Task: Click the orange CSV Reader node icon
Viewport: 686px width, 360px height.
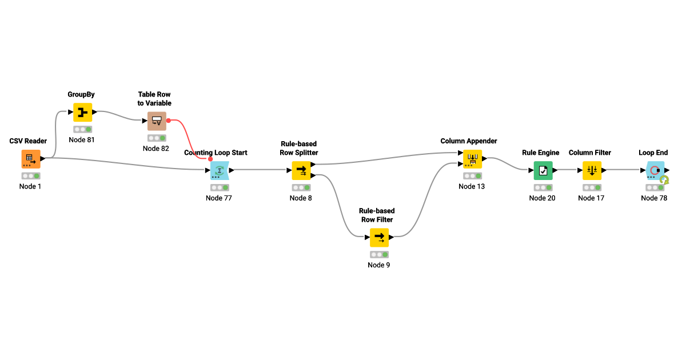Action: point(31,159)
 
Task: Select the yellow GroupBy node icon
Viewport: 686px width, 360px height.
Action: point(83,112)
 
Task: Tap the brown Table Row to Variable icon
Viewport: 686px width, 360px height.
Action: point(157,121)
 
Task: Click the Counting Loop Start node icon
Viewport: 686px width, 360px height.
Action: point(220,170)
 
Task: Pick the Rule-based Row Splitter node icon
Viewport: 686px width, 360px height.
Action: point(301,170)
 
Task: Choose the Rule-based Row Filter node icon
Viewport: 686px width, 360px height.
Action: point(379,237)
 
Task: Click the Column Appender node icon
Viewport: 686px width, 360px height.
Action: point(472,159)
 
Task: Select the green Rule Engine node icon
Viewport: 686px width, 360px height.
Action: point(543,170)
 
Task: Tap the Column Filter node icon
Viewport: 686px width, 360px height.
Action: point(592,170)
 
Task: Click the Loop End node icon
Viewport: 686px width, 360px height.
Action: point(655,170)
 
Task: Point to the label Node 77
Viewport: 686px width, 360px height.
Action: point(219,198)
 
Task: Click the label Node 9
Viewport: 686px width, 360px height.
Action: point(379,265)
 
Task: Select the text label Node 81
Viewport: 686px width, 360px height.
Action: point(82,140)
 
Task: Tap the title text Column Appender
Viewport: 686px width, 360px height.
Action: point(469,141)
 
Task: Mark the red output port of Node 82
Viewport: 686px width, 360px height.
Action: point(169,121)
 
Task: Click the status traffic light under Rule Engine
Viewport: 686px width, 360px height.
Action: point(543,187)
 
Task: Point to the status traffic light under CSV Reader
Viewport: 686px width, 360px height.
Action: point(31,176)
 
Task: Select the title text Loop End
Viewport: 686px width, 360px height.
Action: point(653,153)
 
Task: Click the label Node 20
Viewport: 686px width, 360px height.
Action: point(542,198)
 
